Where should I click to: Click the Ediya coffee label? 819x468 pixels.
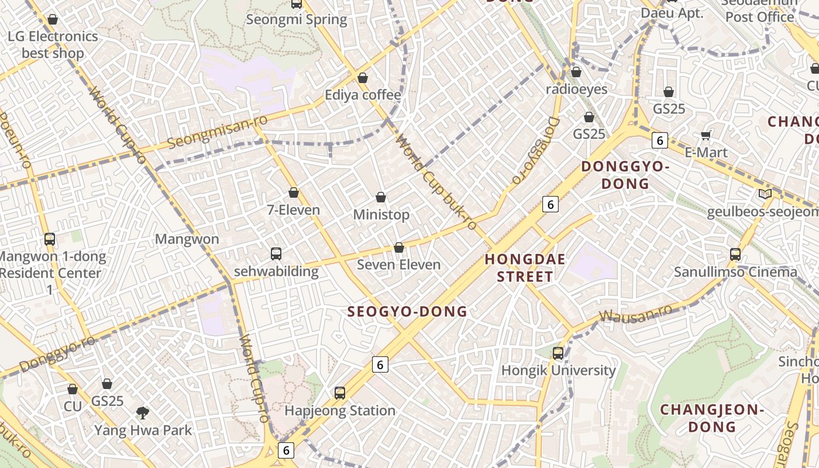(363, 95)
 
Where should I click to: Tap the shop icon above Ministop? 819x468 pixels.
(381, 197)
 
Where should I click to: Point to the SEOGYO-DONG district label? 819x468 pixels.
(407, 311)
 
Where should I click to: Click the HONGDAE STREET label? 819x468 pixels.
(525, 267)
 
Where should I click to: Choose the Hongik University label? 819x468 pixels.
(558, 370)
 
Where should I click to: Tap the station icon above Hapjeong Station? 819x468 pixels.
(340, 393)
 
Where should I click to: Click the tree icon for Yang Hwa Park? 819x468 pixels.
(142, 413)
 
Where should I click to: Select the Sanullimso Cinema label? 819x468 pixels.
(735, 272)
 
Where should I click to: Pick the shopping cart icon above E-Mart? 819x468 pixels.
(706, 135)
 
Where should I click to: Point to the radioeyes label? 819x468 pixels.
(576, 90)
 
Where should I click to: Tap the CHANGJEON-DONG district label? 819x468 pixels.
(712, 418)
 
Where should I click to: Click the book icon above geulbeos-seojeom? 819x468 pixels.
(765, 194)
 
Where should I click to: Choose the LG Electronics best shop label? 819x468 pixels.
(53, 44)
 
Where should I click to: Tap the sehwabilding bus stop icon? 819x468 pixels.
(276, 254)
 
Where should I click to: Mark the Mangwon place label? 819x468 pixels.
(187, 239)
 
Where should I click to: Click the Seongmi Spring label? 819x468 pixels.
(297, 19)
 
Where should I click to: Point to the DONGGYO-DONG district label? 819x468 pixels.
(625, 175)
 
